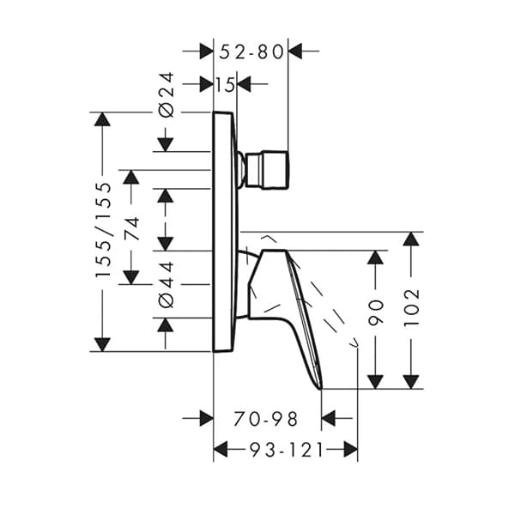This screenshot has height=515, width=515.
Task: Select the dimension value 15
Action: pyautogui.click(x=225, y=84)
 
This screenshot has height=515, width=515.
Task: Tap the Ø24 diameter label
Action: pyautogui.click(x=167, y=94)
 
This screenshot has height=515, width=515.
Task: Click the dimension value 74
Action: pyautogui.click(x=131, y=227)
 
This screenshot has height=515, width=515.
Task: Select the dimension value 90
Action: pyautogui.click(x=375, y=319)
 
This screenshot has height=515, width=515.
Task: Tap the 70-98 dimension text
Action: pyautogui.click(x=266, y=419)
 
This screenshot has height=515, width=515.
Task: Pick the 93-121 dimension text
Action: pyautogui.click(x=285, y=449)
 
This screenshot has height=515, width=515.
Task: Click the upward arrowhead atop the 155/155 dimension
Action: pyautogui.click(x=102, y=119)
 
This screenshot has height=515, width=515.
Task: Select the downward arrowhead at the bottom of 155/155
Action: pyautogui.click(x=102, y=344)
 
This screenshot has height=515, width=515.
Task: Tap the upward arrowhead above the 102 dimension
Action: pyautogui.click(x=412, y=239)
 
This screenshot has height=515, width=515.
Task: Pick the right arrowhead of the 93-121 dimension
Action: pyautogui.click(x=349, y=449)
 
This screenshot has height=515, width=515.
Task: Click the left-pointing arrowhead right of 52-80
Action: pyautogui.click(x=296, y=51)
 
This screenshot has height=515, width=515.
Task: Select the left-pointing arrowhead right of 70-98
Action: pyautogui.click(x=330, y=419)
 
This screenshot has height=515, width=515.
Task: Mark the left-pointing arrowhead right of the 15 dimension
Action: pyautogui.click(x=244, y=84)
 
